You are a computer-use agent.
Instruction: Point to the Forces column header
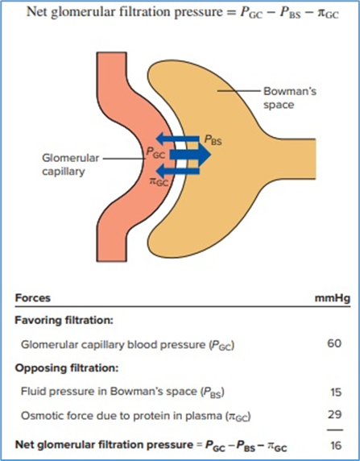coord(34,298)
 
